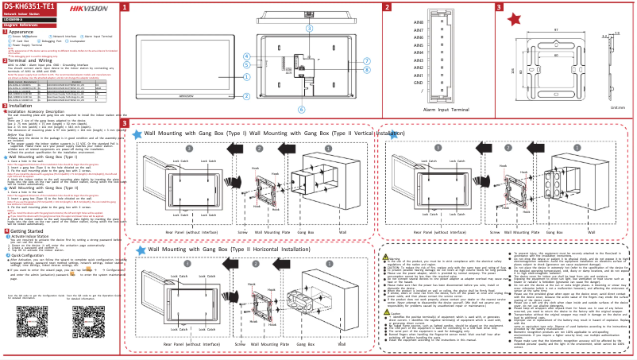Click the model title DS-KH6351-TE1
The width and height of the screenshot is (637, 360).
[x=29, y=6]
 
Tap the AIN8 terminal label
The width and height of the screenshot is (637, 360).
[x=418, y=22]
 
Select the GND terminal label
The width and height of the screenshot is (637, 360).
[x=418, y=82]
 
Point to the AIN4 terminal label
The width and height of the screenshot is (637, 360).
[x=418, y=52]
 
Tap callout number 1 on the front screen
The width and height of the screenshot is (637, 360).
[x=247, y=77]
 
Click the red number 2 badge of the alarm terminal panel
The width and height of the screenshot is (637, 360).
[x=386, y=7]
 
